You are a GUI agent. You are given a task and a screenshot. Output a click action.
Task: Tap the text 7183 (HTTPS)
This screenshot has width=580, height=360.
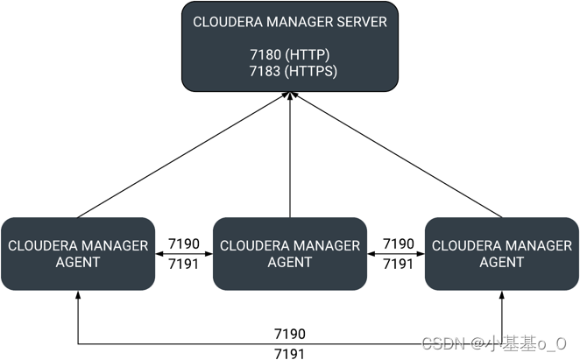pos(289,70)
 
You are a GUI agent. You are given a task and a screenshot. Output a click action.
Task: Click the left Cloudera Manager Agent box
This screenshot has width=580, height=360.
pos(78,253)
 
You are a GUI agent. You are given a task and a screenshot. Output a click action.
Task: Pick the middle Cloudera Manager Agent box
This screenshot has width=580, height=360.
pos(289,253)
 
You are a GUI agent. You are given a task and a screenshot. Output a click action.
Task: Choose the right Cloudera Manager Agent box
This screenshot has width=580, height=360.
pos(501,253)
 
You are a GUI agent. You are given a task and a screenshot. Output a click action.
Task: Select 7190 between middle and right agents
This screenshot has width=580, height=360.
pos(398,244)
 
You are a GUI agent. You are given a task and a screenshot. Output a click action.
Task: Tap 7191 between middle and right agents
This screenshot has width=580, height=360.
pos(398,263)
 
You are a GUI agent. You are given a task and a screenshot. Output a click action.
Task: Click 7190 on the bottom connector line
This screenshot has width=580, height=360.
pos(290,334)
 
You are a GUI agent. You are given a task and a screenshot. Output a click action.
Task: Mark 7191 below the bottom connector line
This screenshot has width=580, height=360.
pos(290,352)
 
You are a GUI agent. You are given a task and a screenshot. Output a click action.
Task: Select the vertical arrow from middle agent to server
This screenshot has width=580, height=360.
pos(289,158)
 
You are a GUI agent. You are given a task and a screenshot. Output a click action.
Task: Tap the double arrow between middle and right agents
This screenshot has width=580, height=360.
pos(398,253)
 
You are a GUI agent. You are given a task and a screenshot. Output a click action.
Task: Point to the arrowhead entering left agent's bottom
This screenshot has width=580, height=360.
pos(78,296)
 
